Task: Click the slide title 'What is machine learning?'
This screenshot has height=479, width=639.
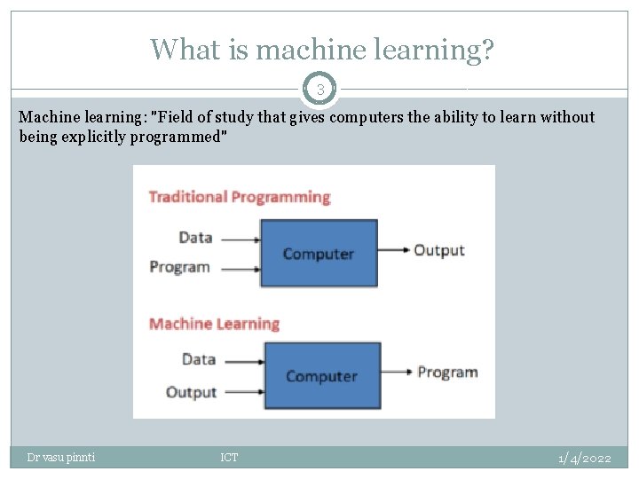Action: click(x=322, y=49)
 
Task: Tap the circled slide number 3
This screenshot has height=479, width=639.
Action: click(x=319, y=89)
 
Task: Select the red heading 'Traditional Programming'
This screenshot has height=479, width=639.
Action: click(x=239, y=197)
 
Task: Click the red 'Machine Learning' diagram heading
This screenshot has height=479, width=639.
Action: click(x=214, y=324)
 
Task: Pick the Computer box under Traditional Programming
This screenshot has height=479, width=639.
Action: click(x=319, y=254)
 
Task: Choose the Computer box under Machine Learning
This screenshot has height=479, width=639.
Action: click(x=321, y=376)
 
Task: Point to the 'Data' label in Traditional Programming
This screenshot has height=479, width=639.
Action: click(x=195, y=238)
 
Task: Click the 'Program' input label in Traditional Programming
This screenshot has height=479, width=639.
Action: click(x=180, y=267)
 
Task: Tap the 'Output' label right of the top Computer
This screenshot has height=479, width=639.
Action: click(x=438, y=250)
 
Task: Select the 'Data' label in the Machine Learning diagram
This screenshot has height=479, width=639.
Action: click(x=199, y=359)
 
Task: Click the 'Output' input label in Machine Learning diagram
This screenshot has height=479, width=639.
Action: click(x=191, y=392)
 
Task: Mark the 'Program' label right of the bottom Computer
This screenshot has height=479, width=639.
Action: click(x=447, y=372)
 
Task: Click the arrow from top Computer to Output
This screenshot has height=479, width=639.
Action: click(x=393, y=250)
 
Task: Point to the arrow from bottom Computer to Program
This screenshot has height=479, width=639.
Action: click(x=396, y=372)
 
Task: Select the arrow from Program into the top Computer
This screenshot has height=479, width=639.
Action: click(x=238, y=268)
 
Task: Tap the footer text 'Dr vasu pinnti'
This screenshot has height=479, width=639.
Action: click(x=61, y=458)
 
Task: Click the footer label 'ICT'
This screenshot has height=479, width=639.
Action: click(x=229, y=458)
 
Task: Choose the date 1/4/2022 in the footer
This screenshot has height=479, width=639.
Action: click(x=584, y=458)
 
